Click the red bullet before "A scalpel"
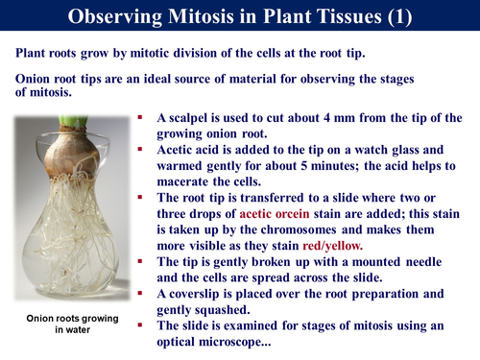pyautogui.click(x=142, y=116)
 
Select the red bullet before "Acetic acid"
pyautogui.click(x=142, y=149)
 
